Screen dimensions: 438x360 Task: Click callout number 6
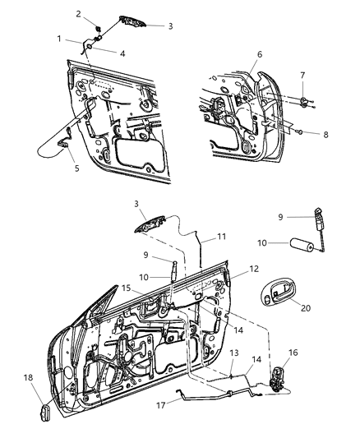[x=260, y=55]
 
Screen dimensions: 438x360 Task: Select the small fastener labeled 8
[x=302, y=132]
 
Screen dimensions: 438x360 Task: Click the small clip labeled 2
[x=97, y=29]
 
